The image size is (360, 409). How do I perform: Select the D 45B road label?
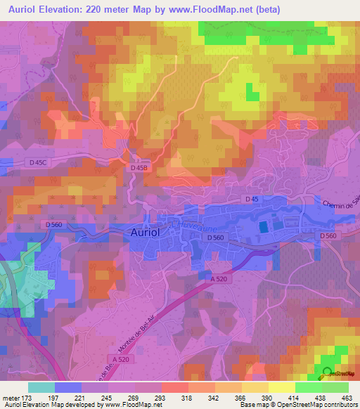click(x=139, y=168)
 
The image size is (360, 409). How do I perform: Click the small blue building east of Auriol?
click(x=264, y=226)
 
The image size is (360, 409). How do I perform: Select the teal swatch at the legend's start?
click(x=41, y=387)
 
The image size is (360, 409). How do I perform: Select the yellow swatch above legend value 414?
click(x=282, y=387)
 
